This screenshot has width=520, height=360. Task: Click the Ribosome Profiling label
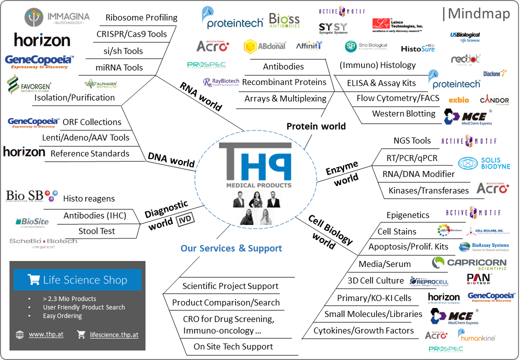pos(141,18)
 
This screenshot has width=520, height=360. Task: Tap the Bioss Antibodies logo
pos(284,20)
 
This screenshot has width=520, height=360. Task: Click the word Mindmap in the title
pos(478,13)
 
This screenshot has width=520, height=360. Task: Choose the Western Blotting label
pos(403,113)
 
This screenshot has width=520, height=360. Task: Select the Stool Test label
pos(96,231)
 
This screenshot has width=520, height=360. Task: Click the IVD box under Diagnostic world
pos(184,220)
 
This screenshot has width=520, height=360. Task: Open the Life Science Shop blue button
pos(77,280)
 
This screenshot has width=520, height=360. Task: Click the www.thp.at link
pos(46,334)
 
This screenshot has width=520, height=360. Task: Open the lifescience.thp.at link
pos(114,334)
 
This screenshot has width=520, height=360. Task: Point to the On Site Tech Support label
pos(233,346)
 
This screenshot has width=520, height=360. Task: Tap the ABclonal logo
pos(264,46)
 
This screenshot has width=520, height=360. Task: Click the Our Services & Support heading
pos(231,248)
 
